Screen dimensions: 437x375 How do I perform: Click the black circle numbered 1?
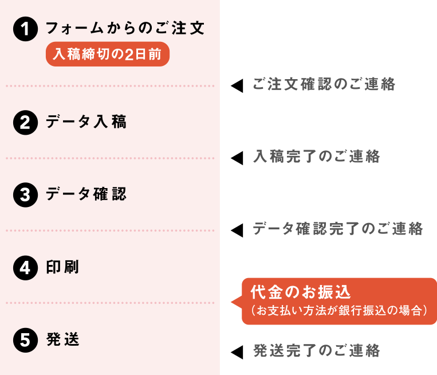25,29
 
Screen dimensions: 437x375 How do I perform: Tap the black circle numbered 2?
25,123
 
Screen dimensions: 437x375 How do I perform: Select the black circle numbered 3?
25,195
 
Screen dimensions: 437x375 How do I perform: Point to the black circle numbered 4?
25,268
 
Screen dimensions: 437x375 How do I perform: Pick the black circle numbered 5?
25,340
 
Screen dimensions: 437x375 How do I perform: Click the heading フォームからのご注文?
125,28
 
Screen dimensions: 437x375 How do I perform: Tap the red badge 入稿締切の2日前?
108,54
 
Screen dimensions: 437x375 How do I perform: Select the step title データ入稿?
86,122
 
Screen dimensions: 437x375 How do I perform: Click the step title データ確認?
86,194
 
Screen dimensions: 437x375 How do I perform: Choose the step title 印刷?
62,267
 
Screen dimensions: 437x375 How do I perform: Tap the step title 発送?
62,339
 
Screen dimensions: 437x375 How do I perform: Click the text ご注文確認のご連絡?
324,84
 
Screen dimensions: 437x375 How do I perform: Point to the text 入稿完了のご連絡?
316,156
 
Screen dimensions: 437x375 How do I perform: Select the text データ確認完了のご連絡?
338,229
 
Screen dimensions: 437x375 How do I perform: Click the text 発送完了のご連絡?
316,351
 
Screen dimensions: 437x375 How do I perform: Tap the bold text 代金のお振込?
301,292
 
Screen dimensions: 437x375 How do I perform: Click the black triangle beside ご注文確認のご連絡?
237,85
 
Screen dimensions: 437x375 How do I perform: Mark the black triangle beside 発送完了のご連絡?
237,352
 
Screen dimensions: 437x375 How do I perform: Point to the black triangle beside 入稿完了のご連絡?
237,158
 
